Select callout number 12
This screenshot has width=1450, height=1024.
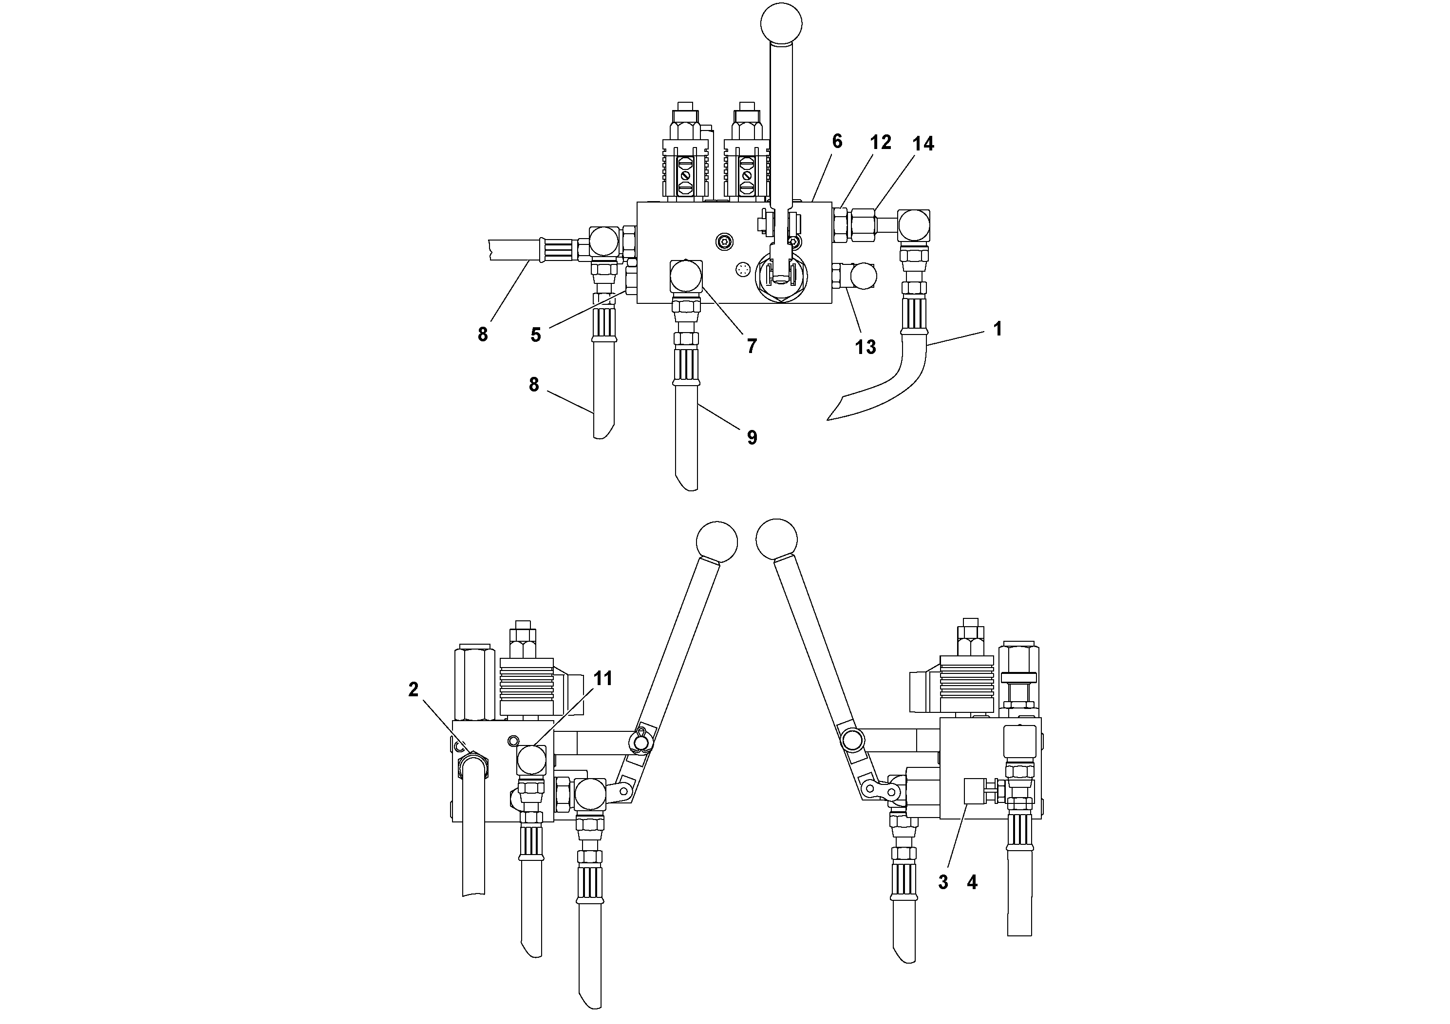[x=880, y=143]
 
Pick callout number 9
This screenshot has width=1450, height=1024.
[x=752, y=438]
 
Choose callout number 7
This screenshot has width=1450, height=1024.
[x=751, y=346]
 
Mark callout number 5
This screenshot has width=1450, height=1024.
[x=536, y=335]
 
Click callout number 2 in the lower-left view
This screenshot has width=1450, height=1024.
[x=413, y=690]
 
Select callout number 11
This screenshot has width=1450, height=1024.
[x=603, y=679]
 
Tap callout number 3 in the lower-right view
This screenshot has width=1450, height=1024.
[x=943, y=883]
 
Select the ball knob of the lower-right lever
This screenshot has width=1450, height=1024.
[x=776, y=539]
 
